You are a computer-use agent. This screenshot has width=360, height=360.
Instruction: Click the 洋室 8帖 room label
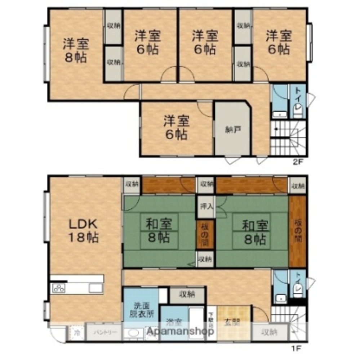pyautogui.click(x=76, y=50)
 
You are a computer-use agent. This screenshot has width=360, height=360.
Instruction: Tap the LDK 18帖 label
pyautogui.click(x=83, y=230)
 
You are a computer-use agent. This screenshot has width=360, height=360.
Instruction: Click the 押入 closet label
pyautogui.click(x=206, y=207)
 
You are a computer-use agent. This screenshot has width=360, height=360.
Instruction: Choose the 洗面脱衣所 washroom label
pyautogui.click(x=141, y=310)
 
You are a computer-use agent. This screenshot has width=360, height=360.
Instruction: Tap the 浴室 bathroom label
pyautogui.click(x=174, y=321)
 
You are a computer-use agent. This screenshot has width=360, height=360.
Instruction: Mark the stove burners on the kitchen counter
pyautogui.click(x=59, y=288)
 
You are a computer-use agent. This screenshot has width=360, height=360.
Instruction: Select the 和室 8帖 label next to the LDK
pyautogui.click(x=159, y=232)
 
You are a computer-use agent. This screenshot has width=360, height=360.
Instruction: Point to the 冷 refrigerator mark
pyautogui.click(x=76, y=333)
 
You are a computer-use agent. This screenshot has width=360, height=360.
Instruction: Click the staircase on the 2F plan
pyautogui.click(x=288, y=139)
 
